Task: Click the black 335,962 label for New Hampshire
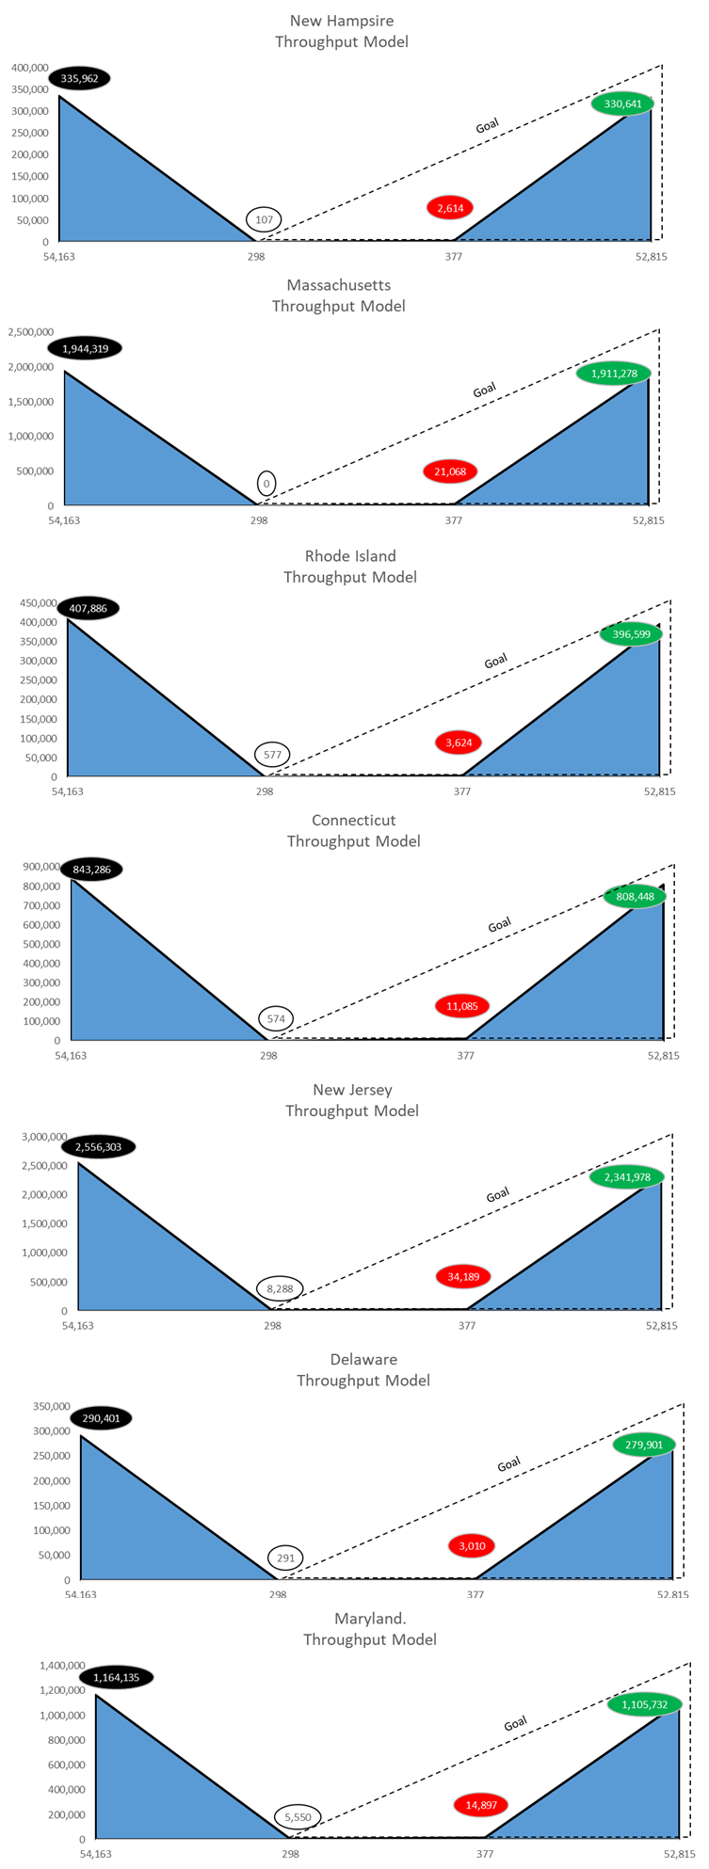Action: click(x=79, y=79)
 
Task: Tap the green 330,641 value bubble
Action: click(x=622, y=104)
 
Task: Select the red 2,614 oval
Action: click(x=450, y=208)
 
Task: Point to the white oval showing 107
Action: click(x=264, y=219)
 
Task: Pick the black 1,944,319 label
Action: click(x=85, y=349)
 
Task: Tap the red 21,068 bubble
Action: click(x=450, y=471)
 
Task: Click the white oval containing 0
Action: click(x=266, y=484)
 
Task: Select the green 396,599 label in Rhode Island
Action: click(x=631, y=634)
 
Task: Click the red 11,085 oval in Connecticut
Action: click(x=462, y=1006)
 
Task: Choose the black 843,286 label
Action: click(x=91, y=870)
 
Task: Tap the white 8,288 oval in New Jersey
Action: click(x=280, y=1289)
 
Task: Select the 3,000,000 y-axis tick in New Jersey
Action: click(x=44, y=1137)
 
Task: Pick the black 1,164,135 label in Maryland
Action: click(x=117, y=1677)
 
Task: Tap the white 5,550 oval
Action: click(x=298, y=1817)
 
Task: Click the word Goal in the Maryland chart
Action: click(x=515, y=1724)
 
